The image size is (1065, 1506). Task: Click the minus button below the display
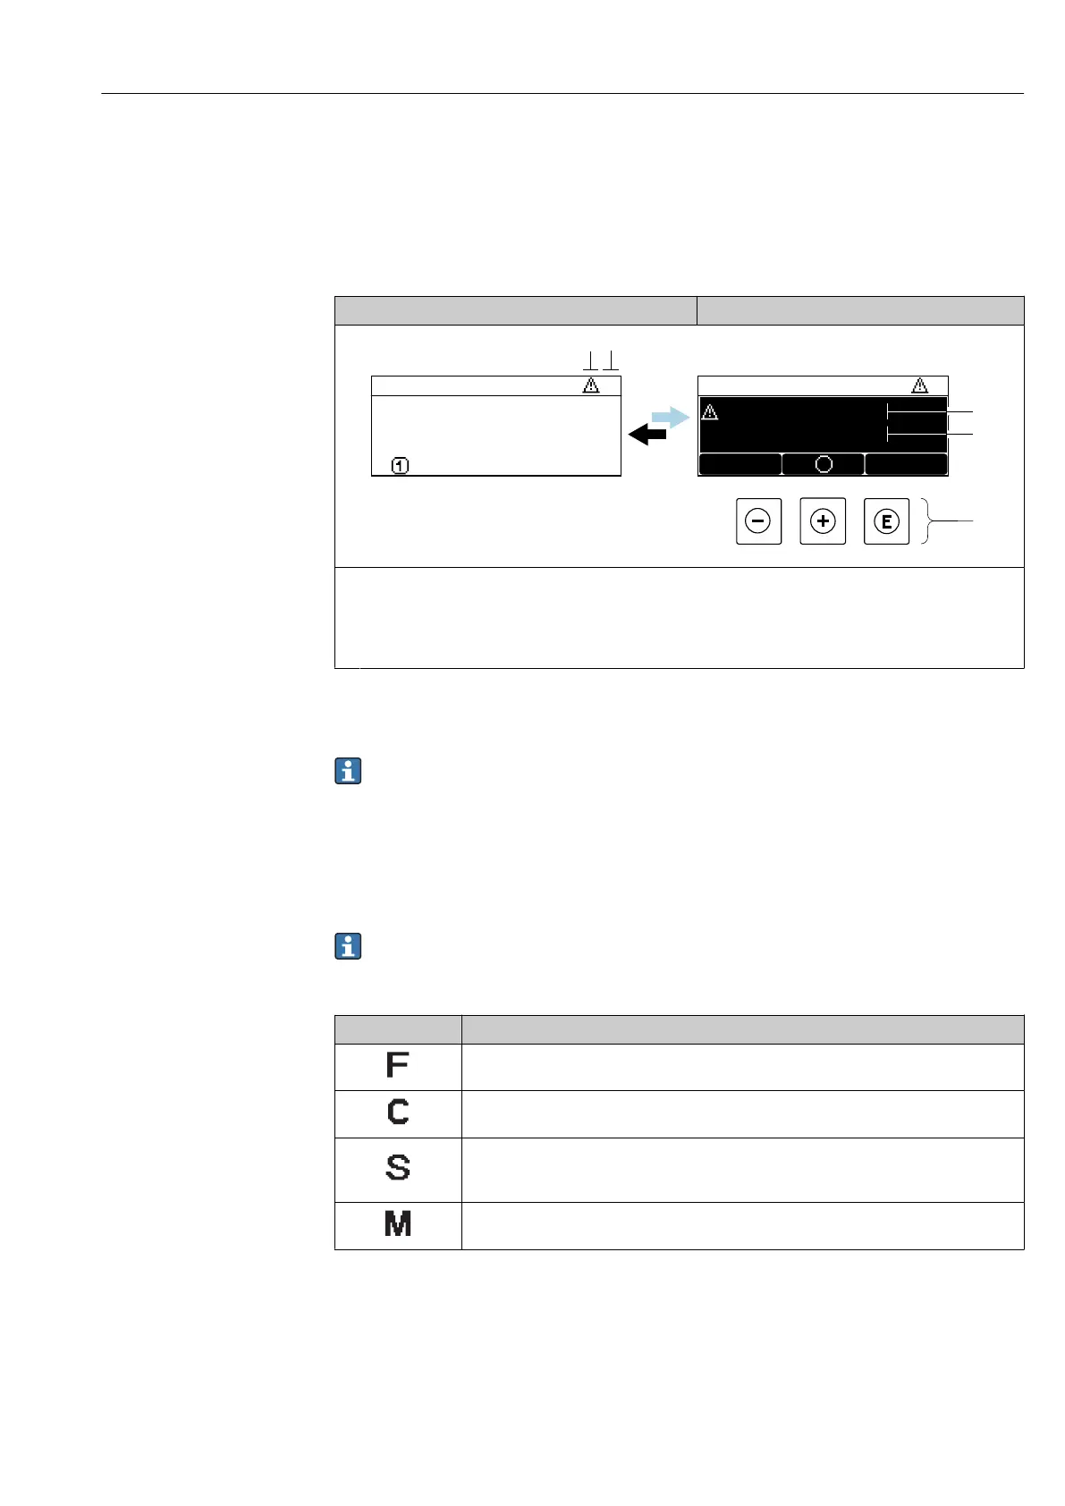pos(758,521)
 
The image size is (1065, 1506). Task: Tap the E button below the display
pos(886,521)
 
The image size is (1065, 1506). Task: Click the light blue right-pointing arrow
pos(670,416)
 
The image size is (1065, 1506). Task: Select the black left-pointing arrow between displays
pos(647,435)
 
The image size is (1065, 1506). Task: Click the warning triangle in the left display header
pos(591,385)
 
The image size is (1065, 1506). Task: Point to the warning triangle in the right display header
pos(919,385)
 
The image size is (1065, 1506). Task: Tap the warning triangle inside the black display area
pos(710,412)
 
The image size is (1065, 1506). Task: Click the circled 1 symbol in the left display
pos(401,465)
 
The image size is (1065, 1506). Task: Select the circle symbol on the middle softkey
pos(824,464)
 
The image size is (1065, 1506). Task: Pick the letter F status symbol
pos(397,1065)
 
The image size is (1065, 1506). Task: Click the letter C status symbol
pos(398,1112)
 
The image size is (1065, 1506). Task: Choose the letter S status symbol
pos(398,1168)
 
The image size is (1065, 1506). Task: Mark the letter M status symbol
pos(398,1223)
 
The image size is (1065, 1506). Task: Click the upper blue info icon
pos(348,771)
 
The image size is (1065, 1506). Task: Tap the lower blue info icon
pos(348,946)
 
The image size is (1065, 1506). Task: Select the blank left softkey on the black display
pos(740,464)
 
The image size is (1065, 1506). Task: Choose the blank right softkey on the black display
pos(906,464)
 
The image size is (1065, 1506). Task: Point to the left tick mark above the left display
pos(590,361)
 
